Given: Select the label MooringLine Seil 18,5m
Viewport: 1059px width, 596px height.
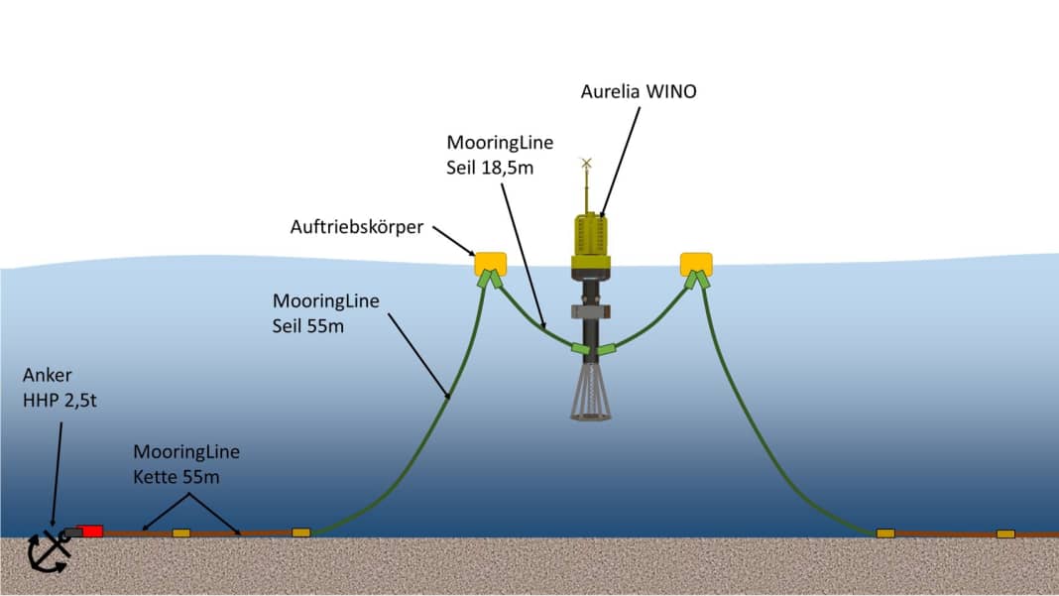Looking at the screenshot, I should (500, 155).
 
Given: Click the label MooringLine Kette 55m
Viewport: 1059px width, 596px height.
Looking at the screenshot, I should (186, 464).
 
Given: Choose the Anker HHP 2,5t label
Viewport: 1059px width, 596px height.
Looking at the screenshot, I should (59, 388).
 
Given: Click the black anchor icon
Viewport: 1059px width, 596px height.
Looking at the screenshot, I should (50, 551).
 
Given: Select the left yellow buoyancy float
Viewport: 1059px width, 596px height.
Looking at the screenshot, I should (490, 264).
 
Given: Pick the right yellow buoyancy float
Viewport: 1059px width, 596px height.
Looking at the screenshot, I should (696, 264).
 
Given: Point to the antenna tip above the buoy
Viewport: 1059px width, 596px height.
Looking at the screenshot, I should (586, 162).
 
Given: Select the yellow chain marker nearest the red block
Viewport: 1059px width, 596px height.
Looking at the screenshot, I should (181, 534).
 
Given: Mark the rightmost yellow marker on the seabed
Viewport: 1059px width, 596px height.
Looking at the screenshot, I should (1005, 534).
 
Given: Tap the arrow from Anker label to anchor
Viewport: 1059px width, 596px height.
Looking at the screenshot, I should (57, 476).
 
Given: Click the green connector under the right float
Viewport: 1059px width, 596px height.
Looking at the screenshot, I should (702, 280).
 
